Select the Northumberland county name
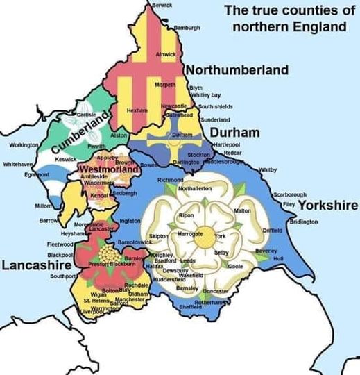point(237,70)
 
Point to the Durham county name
point(234,132)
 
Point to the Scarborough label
point(289,195)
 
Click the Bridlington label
point(303,222)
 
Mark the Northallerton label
point(194,188)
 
